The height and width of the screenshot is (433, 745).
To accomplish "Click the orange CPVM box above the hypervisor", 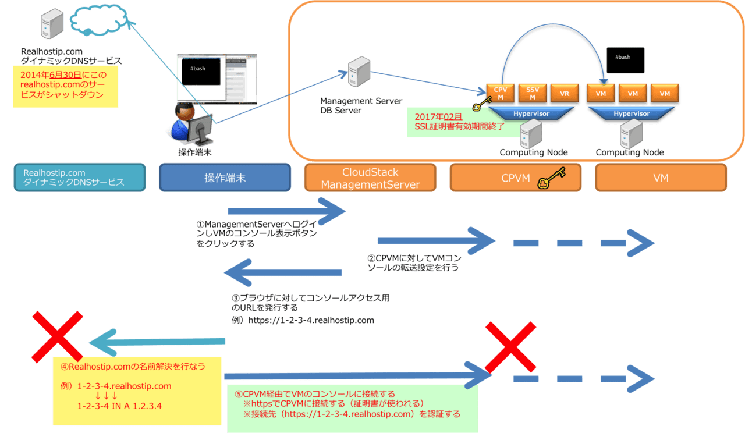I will pyautogui.click(x=500, y=93).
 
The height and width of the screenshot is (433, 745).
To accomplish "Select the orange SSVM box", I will pyautogui.click(x=532, y=93).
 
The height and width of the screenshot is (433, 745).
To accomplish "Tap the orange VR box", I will pyautogui.click(x=564, y=93).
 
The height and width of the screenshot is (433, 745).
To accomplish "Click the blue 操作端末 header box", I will pyautogui.click(x=225, y=178).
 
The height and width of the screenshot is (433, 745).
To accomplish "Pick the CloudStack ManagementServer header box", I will pyautogui.click(x=370, y=178).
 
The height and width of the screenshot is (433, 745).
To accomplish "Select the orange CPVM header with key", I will pyautogui.click(x=515, y=178).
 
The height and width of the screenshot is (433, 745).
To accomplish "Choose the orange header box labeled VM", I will pyautogui.click(x=661, y=178).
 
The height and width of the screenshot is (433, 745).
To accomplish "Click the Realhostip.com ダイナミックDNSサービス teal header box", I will pyautogui.click(x=79, y=178).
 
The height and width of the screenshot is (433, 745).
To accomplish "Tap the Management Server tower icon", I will pyautogui.click(x=359, y=72).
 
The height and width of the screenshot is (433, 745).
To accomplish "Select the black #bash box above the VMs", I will pyautogui.click(x=625, y=60).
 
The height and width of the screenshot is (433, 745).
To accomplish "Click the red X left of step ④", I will pyautogui.click(x=56, y=336).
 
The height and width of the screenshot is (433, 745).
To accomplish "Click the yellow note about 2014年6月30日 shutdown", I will pyautogui.click(x=65, y=86).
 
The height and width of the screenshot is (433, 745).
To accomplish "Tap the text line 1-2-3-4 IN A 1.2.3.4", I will pyautogui.click(x=119, y=406).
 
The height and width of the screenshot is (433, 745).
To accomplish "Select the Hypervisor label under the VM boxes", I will pyautogui.click(x=632, y=114).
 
